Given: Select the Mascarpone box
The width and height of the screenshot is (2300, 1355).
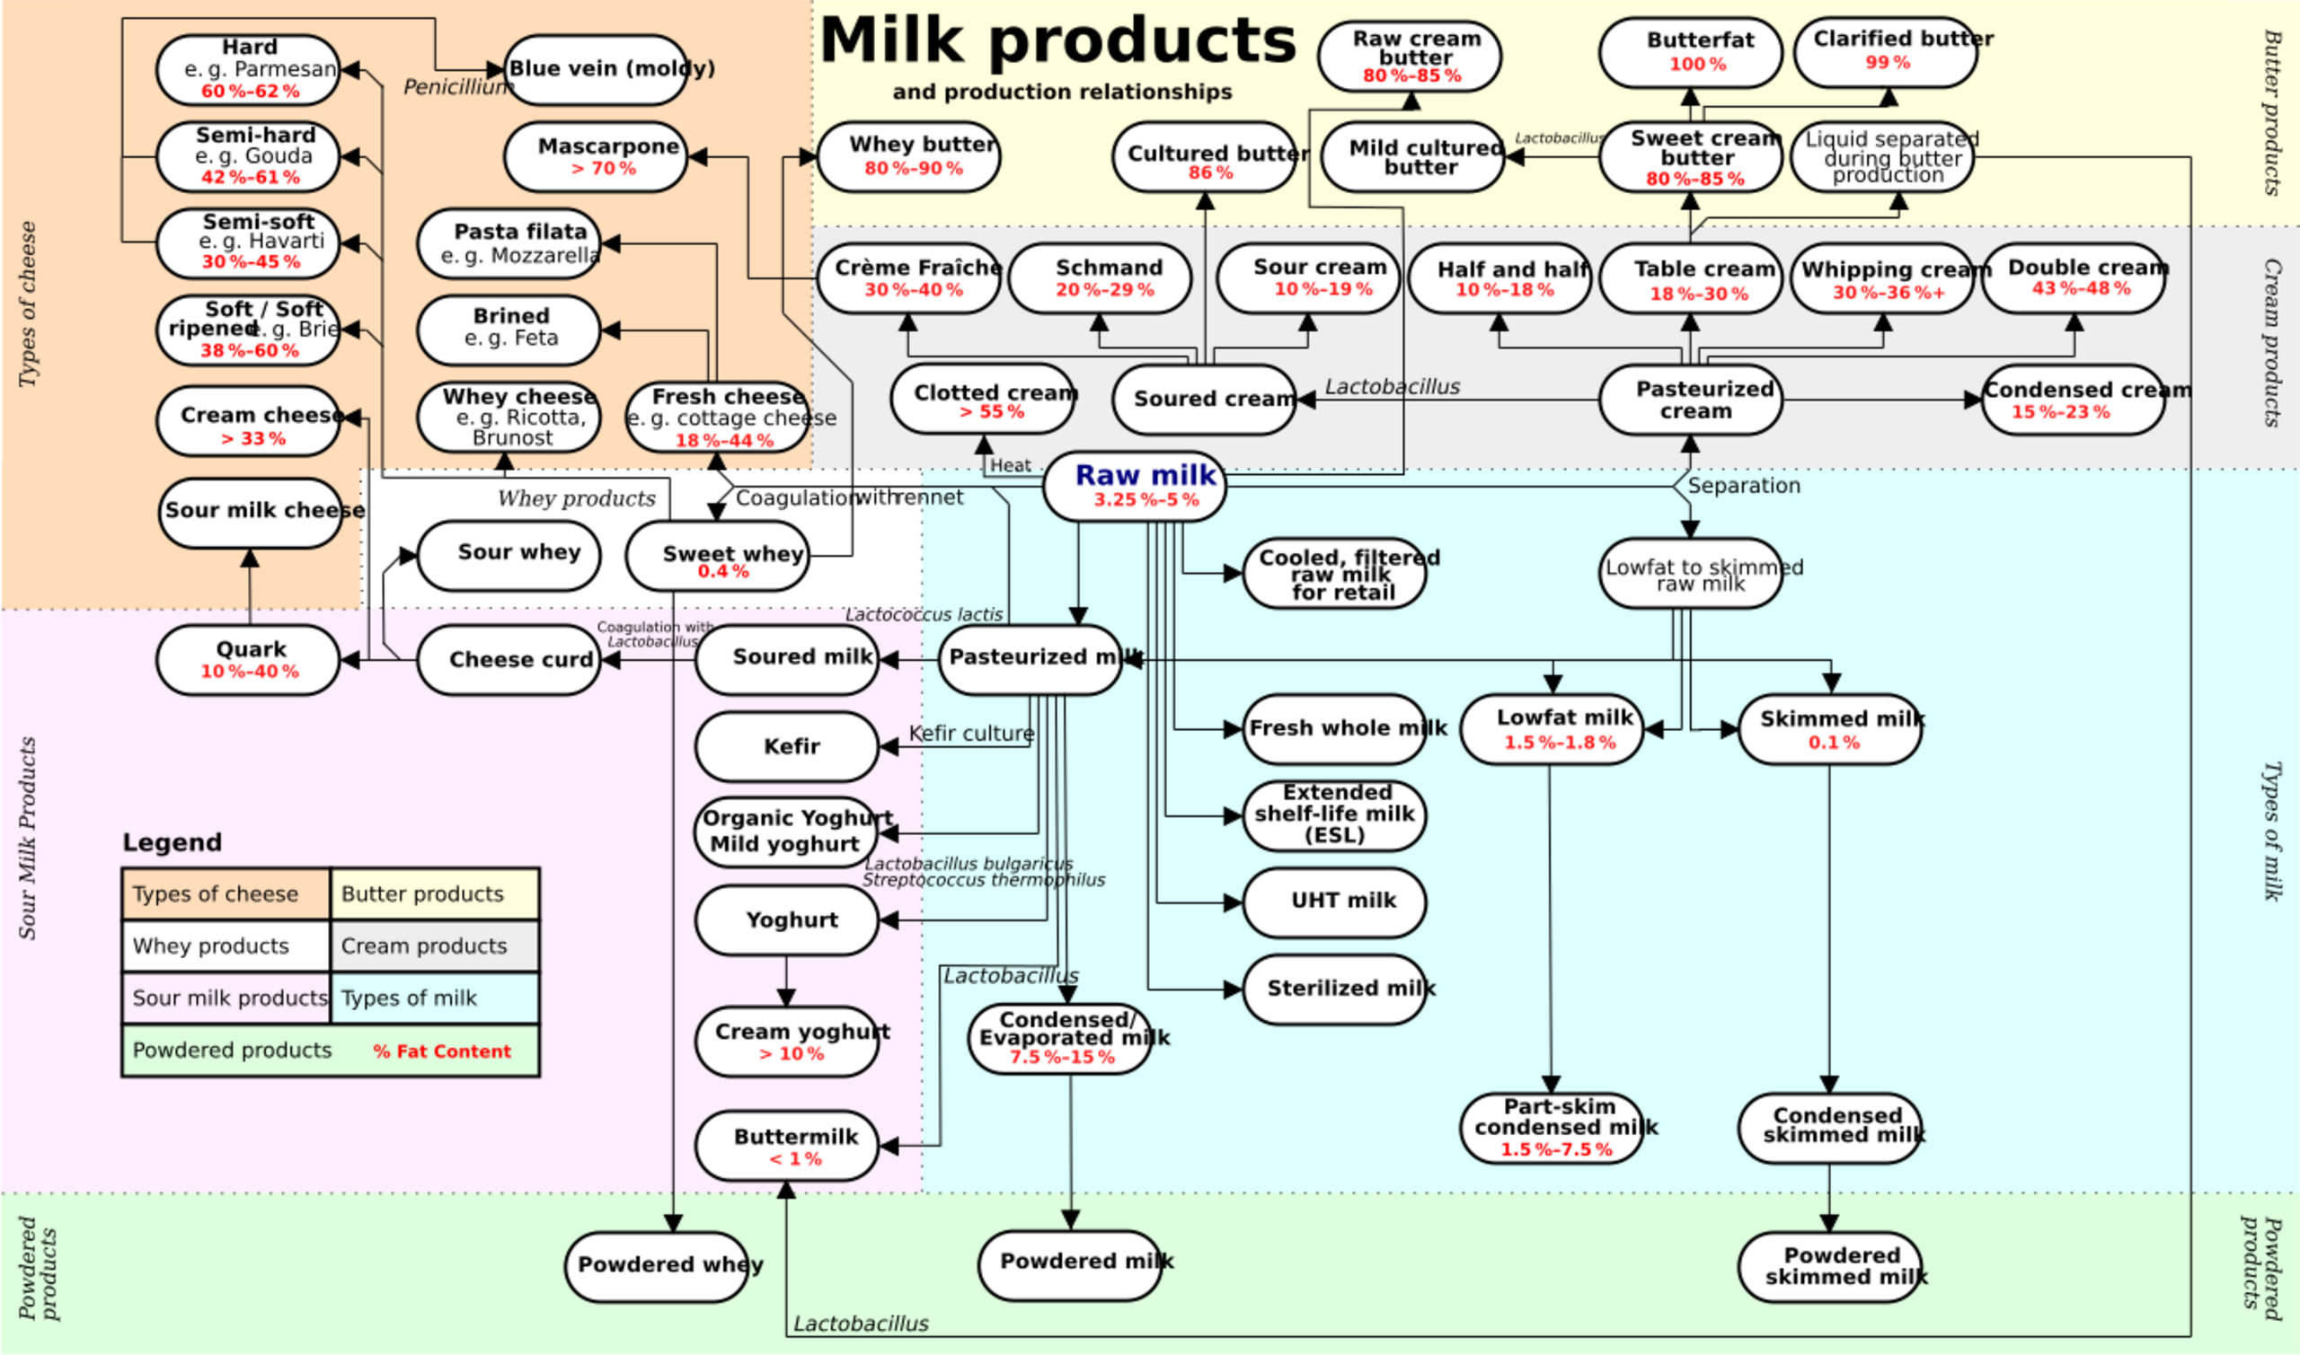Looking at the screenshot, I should pyautogui.click(x=596, y=157).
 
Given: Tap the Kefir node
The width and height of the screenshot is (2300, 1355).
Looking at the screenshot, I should pyautogui.click(x=786, y=747).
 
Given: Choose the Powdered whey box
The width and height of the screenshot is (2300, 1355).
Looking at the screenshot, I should pyautogui.click(x=657, y=1265).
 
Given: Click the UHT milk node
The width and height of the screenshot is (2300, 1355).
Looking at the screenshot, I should pyautogui.click(x=1333, y=902).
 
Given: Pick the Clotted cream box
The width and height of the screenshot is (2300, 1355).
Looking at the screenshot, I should pyautogui.click(x=982, y=400).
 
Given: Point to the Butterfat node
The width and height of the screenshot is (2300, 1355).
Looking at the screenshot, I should pyautogui.click(x=1690, y=53).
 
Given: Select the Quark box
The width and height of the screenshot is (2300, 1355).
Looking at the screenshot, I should pyautogui.click(x=249, y=659).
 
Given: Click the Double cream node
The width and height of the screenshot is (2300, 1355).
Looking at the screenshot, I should pyautogui.click(x=2074, y=277).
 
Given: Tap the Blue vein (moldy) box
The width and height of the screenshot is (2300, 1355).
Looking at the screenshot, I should pyautogui.click(x=596, y=69).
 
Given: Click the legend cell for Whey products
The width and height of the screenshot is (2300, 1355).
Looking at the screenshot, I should pyautogui.click(x=225, y=946).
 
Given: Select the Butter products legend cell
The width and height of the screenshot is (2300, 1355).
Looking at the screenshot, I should pyautogui.click(x=434, y=893).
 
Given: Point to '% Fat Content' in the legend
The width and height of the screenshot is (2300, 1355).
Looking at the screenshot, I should pyautogui.click(x=441, y=1051).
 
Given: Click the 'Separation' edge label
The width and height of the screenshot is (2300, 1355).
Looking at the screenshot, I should pyautogui.click(x=1743, y=486).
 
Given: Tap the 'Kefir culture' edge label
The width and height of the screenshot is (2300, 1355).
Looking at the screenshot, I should pyautogui.click(x=971, y=734).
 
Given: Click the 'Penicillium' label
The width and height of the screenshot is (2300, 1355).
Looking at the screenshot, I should pyautogui.click(x=456, y=88).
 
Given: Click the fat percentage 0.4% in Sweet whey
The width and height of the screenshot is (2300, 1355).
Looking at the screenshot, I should pyautogui.click(x=722, y=572).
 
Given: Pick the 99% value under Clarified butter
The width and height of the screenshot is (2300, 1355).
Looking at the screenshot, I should pyautogui.click(x=1887, y=62).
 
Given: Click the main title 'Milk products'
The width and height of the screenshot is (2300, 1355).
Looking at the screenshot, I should pyautogui.click(x=1057, y=40).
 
